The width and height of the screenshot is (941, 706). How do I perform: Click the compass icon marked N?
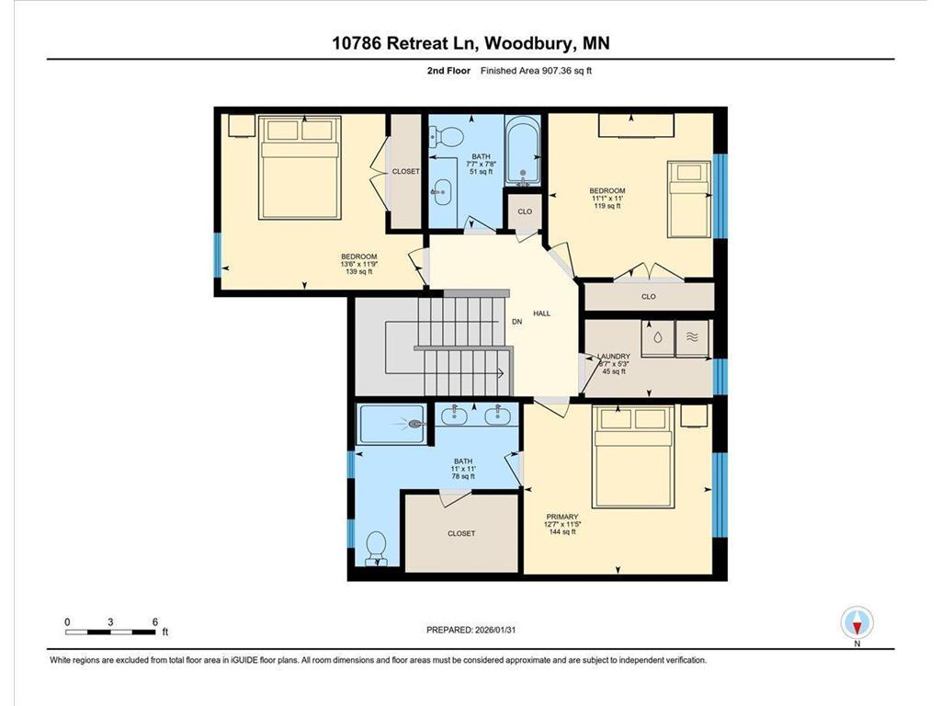click(857, 622)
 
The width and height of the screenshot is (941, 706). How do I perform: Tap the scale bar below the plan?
click(110, 632)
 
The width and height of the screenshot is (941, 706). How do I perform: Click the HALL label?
click(541, 313)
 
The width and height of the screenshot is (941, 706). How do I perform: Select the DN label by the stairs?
click(516, 322)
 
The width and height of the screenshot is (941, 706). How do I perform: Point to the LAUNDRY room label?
click(613, 356)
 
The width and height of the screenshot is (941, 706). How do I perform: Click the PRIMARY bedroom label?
click(562, 517)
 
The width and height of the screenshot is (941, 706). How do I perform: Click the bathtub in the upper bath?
click(523, 150)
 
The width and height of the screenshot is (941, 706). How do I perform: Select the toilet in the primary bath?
click(377, 548)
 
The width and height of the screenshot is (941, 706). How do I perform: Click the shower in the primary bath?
click(392, 424)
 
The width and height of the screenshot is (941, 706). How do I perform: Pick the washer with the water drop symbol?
click(658, 338)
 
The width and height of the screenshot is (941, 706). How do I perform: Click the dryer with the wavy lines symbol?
click(693, 338)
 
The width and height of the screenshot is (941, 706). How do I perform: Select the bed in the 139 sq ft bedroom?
click(300, 167)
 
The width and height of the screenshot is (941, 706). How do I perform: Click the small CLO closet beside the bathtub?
click(525, 211)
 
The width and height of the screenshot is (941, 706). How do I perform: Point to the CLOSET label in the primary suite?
click(461, 533)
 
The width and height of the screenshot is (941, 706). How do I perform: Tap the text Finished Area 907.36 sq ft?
click(537, 70)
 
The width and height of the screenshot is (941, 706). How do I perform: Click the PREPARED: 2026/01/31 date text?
click(471, 630)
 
